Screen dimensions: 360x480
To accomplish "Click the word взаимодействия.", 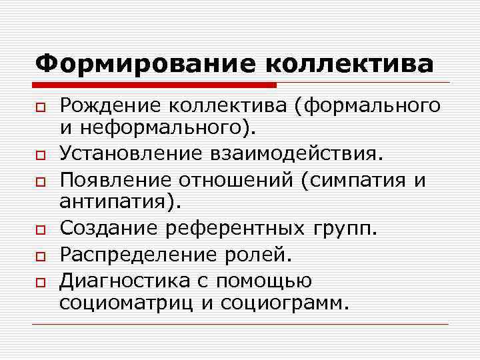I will coord(303,154).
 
